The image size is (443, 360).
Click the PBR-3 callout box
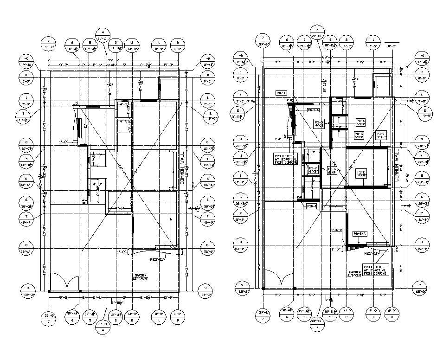(282, 93)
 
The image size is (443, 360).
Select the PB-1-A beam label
(314, 110)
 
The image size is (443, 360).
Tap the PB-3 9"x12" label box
(319, 123)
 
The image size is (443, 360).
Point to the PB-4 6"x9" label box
(360, 122)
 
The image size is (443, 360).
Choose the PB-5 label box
(359, 135)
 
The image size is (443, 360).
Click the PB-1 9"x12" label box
(381, 135)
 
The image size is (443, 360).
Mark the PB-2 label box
(361, 174)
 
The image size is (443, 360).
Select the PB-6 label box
(332, 170)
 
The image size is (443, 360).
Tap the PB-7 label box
(313, 169)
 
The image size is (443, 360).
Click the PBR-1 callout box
(310, 206)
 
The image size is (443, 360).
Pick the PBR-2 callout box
(337, 230)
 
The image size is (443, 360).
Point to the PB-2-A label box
(360, 234)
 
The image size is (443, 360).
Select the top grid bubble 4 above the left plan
(103, 36)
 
